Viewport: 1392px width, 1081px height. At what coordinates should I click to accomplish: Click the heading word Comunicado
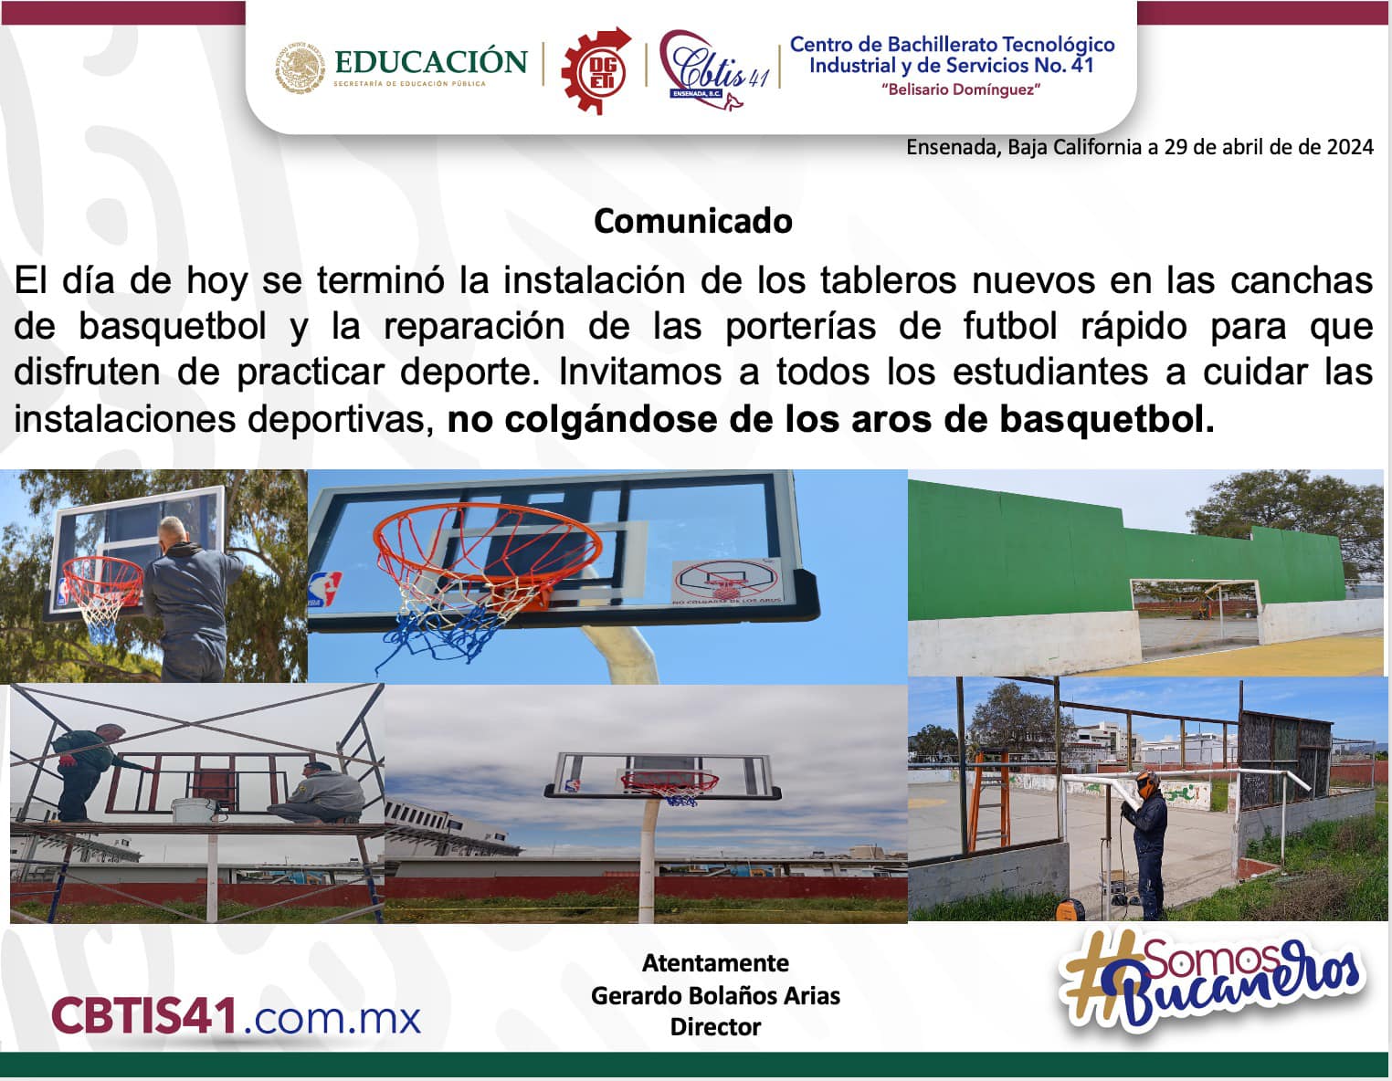[693, 222]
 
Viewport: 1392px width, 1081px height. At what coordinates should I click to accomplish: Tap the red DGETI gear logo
[596, 70]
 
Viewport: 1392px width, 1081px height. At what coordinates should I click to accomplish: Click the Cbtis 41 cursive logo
[714, 70]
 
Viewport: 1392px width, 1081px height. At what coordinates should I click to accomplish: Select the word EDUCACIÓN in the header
[430, 61]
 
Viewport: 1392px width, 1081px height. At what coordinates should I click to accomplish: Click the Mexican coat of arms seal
[300, 68]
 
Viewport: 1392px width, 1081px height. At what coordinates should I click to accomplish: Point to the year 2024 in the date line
[1350, 147]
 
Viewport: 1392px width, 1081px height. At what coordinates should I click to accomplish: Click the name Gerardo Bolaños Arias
[715, 996]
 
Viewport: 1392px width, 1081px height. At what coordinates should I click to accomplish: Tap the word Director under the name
[715, 1026]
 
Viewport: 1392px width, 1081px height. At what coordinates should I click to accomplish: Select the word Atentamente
[715, 963]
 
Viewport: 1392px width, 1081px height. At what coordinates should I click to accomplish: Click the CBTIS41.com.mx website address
[236, 1015]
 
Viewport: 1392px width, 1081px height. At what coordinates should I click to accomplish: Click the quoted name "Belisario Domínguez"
[961, 89]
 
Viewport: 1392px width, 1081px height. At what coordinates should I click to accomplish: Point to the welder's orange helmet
[1146, 786]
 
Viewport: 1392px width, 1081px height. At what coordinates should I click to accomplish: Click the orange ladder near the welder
[990, 800]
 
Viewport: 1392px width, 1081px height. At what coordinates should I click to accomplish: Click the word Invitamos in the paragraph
[640, 373]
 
